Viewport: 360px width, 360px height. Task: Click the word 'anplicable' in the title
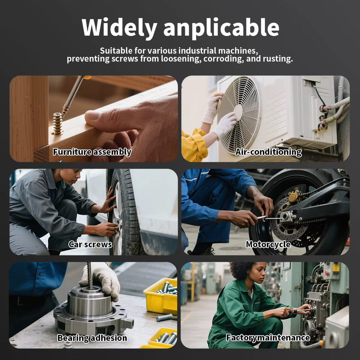[221, 28]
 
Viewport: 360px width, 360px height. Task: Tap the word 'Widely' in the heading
[119, 28]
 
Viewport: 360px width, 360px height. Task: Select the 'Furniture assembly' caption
[92, 152]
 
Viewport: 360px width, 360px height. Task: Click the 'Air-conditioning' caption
[268, 152]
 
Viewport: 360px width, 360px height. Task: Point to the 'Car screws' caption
[90, 244]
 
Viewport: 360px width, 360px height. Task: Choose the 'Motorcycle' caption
[268, 244]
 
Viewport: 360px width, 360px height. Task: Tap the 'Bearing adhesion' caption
[92, 338]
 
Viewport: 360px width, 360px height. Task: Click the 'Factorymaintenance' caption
[268, 338]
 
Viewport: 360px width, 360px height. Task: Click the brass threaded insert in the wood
[57, 124]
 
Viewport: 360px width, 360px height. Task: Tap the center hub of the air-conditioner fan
[238, 112]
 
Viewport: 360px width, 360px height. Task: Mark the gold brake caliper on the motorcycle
[294, 196]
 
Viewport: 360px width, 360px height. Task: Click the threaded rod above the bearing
[90, 276]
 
